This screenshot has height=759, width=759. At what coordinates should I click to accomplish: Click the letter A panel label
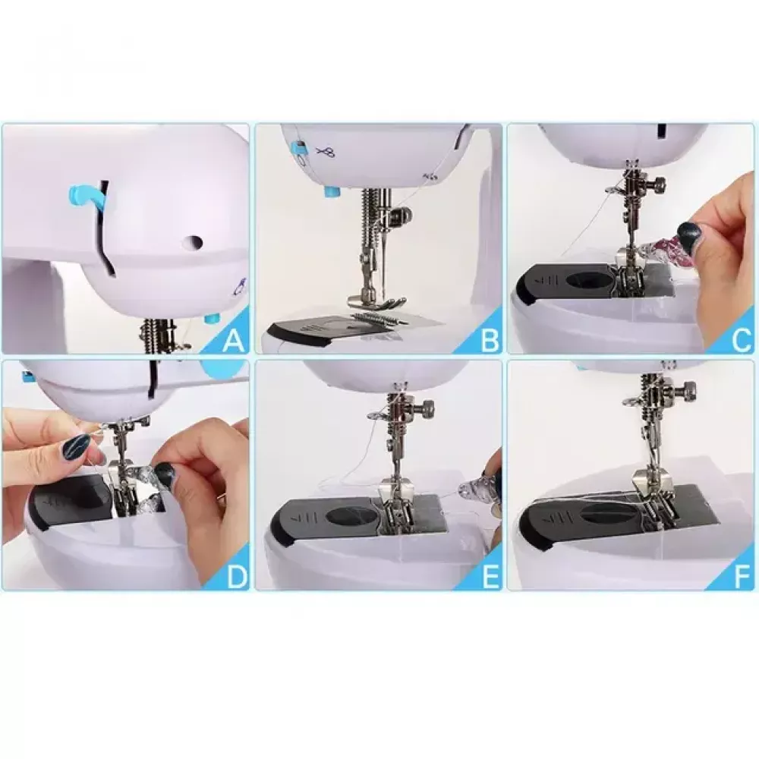coord(233,341)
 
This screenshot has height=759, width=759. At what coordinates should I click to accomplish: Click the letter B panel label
coord(490,341)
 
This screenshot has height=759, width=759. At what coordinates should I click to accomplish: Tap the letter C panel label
coord(742,341)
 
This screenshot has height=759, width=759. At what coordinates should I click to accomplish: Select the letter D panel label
coord(237,577)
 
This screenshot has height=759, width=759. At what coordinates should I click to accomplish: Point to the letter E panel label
coord(491,577)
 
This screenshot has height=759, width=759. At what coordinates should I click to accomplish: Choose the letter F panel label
coord(743,577)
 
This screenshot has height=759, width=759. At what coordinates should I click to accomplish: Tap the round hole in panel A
coord(194,241)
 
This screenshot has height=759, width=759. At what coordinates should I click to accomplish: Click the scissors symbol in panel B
coord(326,153)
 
